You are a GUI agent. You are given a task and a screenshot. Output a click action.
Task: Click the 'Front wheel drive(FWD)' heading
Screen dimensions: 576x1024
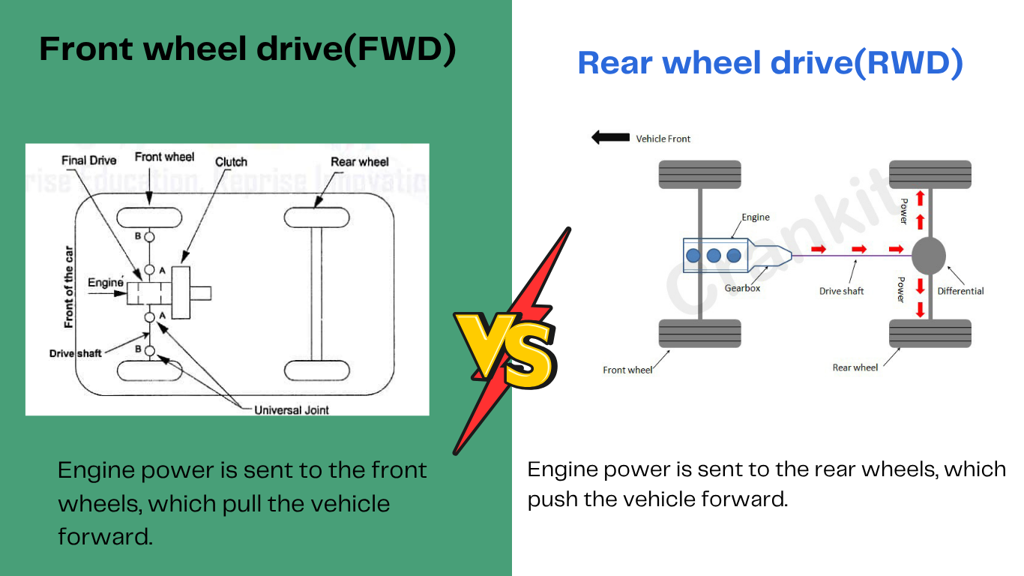(x=247, y=49)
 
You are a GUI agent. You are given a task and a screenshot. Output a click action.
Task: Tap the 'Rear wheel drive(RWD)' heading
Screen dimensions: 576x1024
(x=770, y=63)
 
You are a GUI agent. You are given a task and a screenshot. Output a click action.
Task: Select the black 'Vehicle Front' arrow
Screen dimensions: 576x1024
(x=610, y=137)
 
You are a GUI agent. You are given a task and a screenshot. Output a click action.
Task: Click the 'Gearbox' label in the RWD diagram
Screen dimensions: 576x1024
(x=742, y=288)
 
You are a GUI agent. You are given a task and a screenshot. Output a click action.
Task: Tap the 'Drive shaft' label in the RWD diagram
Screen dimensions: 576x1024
(x=841, y=291)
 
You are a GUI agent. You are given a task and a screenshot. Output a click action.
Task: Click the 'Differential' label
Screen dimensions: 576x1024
(x=960, y=291)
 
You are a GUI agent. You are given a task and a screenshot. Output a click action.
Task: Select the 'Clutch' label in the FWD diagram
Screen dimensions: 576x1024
(x=231, y=162)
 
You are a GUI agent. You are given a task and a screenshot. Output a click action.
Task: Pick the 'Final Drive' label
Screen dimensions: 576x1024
(x=88, y=160)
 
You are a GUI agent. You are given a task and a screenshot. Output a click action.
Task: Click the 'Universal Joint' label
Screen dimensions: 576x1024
(x=292, y=409)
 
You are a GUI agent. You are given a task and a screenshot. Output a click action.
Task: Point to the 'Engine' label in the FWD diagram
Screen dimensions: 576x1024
(x=105, y=283)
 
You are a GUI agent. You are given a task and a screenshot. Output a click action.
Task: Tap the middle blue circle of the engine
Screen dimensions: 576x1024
(x=714, y=255)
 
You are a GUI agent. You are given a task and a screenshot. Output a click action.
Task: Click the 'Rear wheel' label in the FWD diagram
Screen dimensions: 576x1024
(x=360, y=162)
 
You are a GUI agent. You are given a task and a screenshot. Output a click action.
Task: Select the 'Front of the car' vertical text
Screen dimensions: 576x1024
(x=69, y=286)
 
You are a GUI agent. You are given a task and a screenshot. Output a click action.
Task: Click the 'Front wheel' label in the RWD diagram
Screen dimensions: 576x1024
(x=627, y=370)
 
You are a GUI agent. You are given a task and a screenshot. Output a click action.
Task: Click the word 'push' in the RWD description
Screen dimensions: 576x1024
(x=552, y=499)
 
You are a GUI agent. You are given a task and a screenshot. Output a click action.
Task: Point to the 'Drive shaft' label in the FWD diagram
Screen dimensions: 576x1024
(x=75, y=352)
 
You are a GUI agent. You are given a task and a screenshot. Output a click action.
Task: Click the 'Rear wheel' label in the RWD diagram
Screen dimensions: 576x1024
(x=855, y=367)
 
